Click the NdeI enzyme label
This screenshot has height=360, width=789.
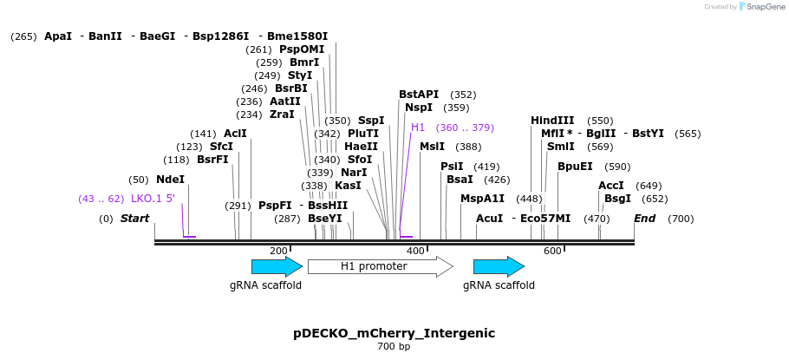(170, 180)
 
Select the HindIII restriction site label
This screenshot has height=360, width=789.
(552, 121)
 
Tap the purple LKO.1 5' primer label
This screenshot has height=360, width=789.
(153, 199)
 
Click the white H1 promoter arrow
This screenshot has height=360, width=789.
(380, 266)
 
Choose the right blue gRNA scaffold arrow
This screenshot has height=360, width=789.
(499, 266)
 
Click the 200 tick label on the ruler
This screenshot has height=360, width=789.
(278, 251)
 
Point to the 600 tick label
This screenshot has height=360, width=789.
(552, 251)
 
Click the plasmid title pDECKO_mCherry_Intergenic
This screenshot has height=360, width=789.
(394, 333)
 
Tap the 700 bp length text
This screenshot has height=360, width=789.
(394, 347)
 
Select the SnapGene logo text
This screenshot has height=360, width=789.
(766, 7)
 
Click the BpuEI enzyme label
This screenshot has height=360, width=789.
(575, 167)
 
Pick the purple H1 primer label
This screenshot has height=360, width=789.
(418, 128)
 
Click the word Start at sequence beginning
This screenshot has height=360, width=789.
(134, 219)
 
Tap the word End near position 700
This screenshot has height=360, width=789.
(644, 219)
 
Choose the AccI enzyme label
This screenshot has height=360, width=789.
(611, 186)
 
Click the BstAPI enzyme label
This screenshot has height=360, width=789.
(419, 95)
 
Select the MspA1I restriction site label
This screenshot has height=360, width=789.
(482, 199)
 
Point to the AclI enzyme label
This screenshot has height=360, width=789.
(235, 134)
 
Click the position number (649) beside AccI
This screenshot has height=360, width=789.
(649, 186)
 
